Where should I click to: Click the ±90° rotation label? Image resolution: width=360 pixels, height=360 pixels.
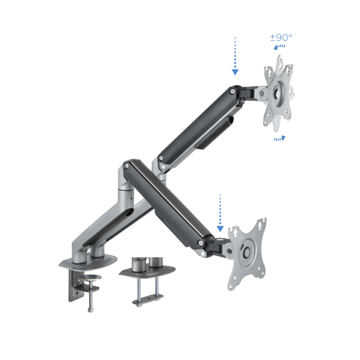(281, 37)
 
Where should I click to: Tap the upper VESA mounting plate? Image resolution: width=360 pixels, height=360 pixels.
(278, 94)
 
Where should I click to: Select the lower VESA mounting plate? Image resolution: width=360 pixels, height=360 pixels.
(247, 254)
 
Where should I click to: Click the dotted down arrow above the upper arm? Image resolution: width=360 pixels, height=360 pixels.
(235, 56)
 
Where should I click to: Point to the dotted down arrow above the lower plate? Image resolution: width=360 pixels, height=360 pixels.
(220, 213)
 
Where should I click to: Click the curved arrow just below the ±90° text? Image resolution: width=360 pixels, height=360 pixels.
(279, 47)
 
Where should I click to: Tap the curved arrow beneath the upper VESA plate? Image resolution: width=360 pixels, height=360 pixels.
(280, 138)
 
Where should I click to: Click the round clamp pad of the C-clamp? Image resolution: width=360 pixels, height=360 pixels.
(91, 277)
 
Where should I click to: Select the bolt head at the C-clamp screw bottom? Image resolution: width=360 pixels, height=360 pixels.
(91, 310)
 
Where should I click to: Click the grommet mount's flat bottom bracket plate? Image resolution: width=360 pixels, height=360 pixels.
(148, 300)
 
